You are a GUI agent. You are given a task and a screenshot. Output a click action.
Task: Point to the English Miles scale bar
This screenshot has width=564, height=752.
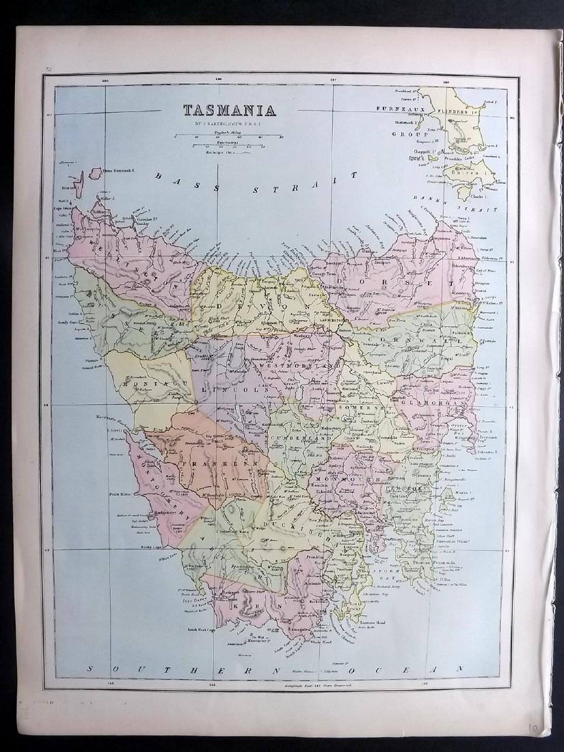(228, 136)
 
